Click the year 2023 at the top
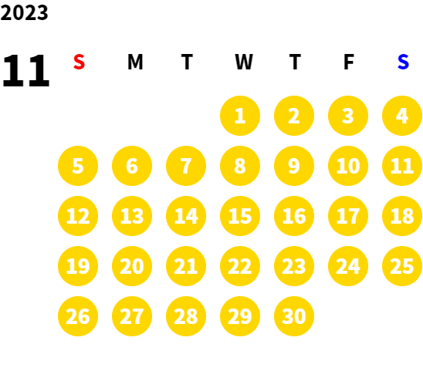click(x=24, y=12)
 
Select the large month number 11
click(x=26, y=70)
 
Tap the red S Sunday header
click(x=79, y=62)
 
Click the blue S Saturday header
click(x=403, y=62)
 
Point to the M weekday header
click(x=135, y=62)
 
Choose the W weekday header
click(x=244, y=62)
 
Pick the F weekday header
click(x=349, y=62)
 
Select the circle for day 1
click(x=240, y=116)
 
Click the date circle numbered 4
click(x=402, y=116)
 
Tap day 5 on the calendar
click(x=78, y=166)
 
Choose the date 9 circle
click(x=294, y=166)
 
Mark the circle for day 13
click(x=132, y=216)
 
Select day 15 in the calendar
click(x=240, y=216)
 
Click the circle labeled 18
click(x=402, y=216)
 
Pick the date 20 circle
click(x=132, y=266)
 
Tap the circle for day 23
click(x=294, y=266)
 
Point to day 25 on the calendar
click(x=402, y=266)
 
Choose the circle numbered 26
click(x=78, y=316)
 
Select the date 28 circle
click(x=186, y=316)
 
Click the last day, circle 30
click(x=294, y=316)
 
